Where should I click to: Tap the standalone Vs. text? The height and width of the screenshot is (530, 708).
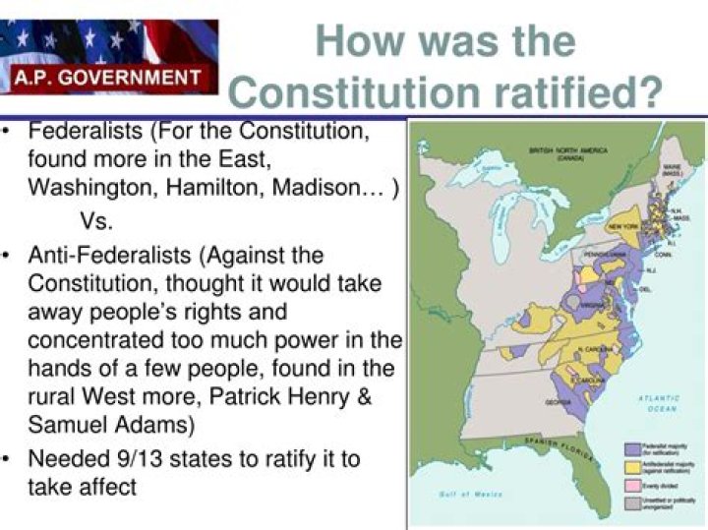point(95,221)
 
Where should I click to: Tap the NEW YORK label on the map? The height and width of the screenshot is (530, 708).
point(622,227)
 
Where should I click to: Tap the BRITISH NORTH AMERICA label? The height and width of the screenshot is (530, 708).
point(567,153)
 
